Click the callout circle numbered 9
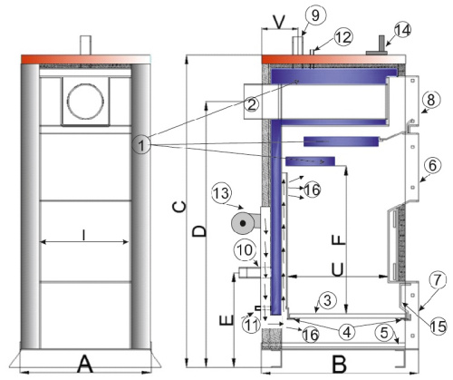click(x=315, y=15)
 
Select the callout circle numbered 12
click(x=343, y=37)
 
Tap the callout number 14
click(x=402, y=30)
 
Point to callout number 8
click(x=431, y=100)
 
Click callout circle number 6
click(x=432, y=165)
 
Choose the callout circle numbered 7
click(x=438, y=279)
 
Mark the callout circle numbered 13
click(x=222, y=193)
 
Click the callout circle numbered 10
click(x=245, y=250)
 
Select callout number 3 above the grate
click(x=328, y=300)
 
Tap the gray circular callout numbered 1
click(x=141, y=146)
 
